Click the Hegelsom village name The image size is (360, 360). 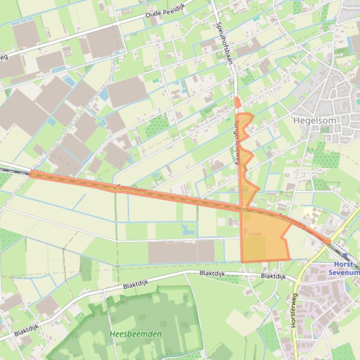click(x=314, y=120)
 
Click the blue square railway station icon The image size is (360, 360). click(x=345, y=256)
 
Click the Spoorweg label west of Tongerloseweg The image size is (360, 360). click(x=132, y=189)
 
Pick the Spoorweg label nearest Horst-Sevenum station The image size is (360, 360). click(x=293, y=221)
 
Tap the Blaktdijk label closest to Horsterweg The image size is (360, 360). click(x=273, y=276)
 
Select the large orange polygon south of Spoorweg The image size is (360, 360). click(x=262, y=238)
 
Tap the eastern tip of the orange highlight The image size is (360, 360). click(x=330, y=242)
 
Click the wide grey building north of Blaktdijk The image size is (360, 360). click(x=181, y=252)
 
